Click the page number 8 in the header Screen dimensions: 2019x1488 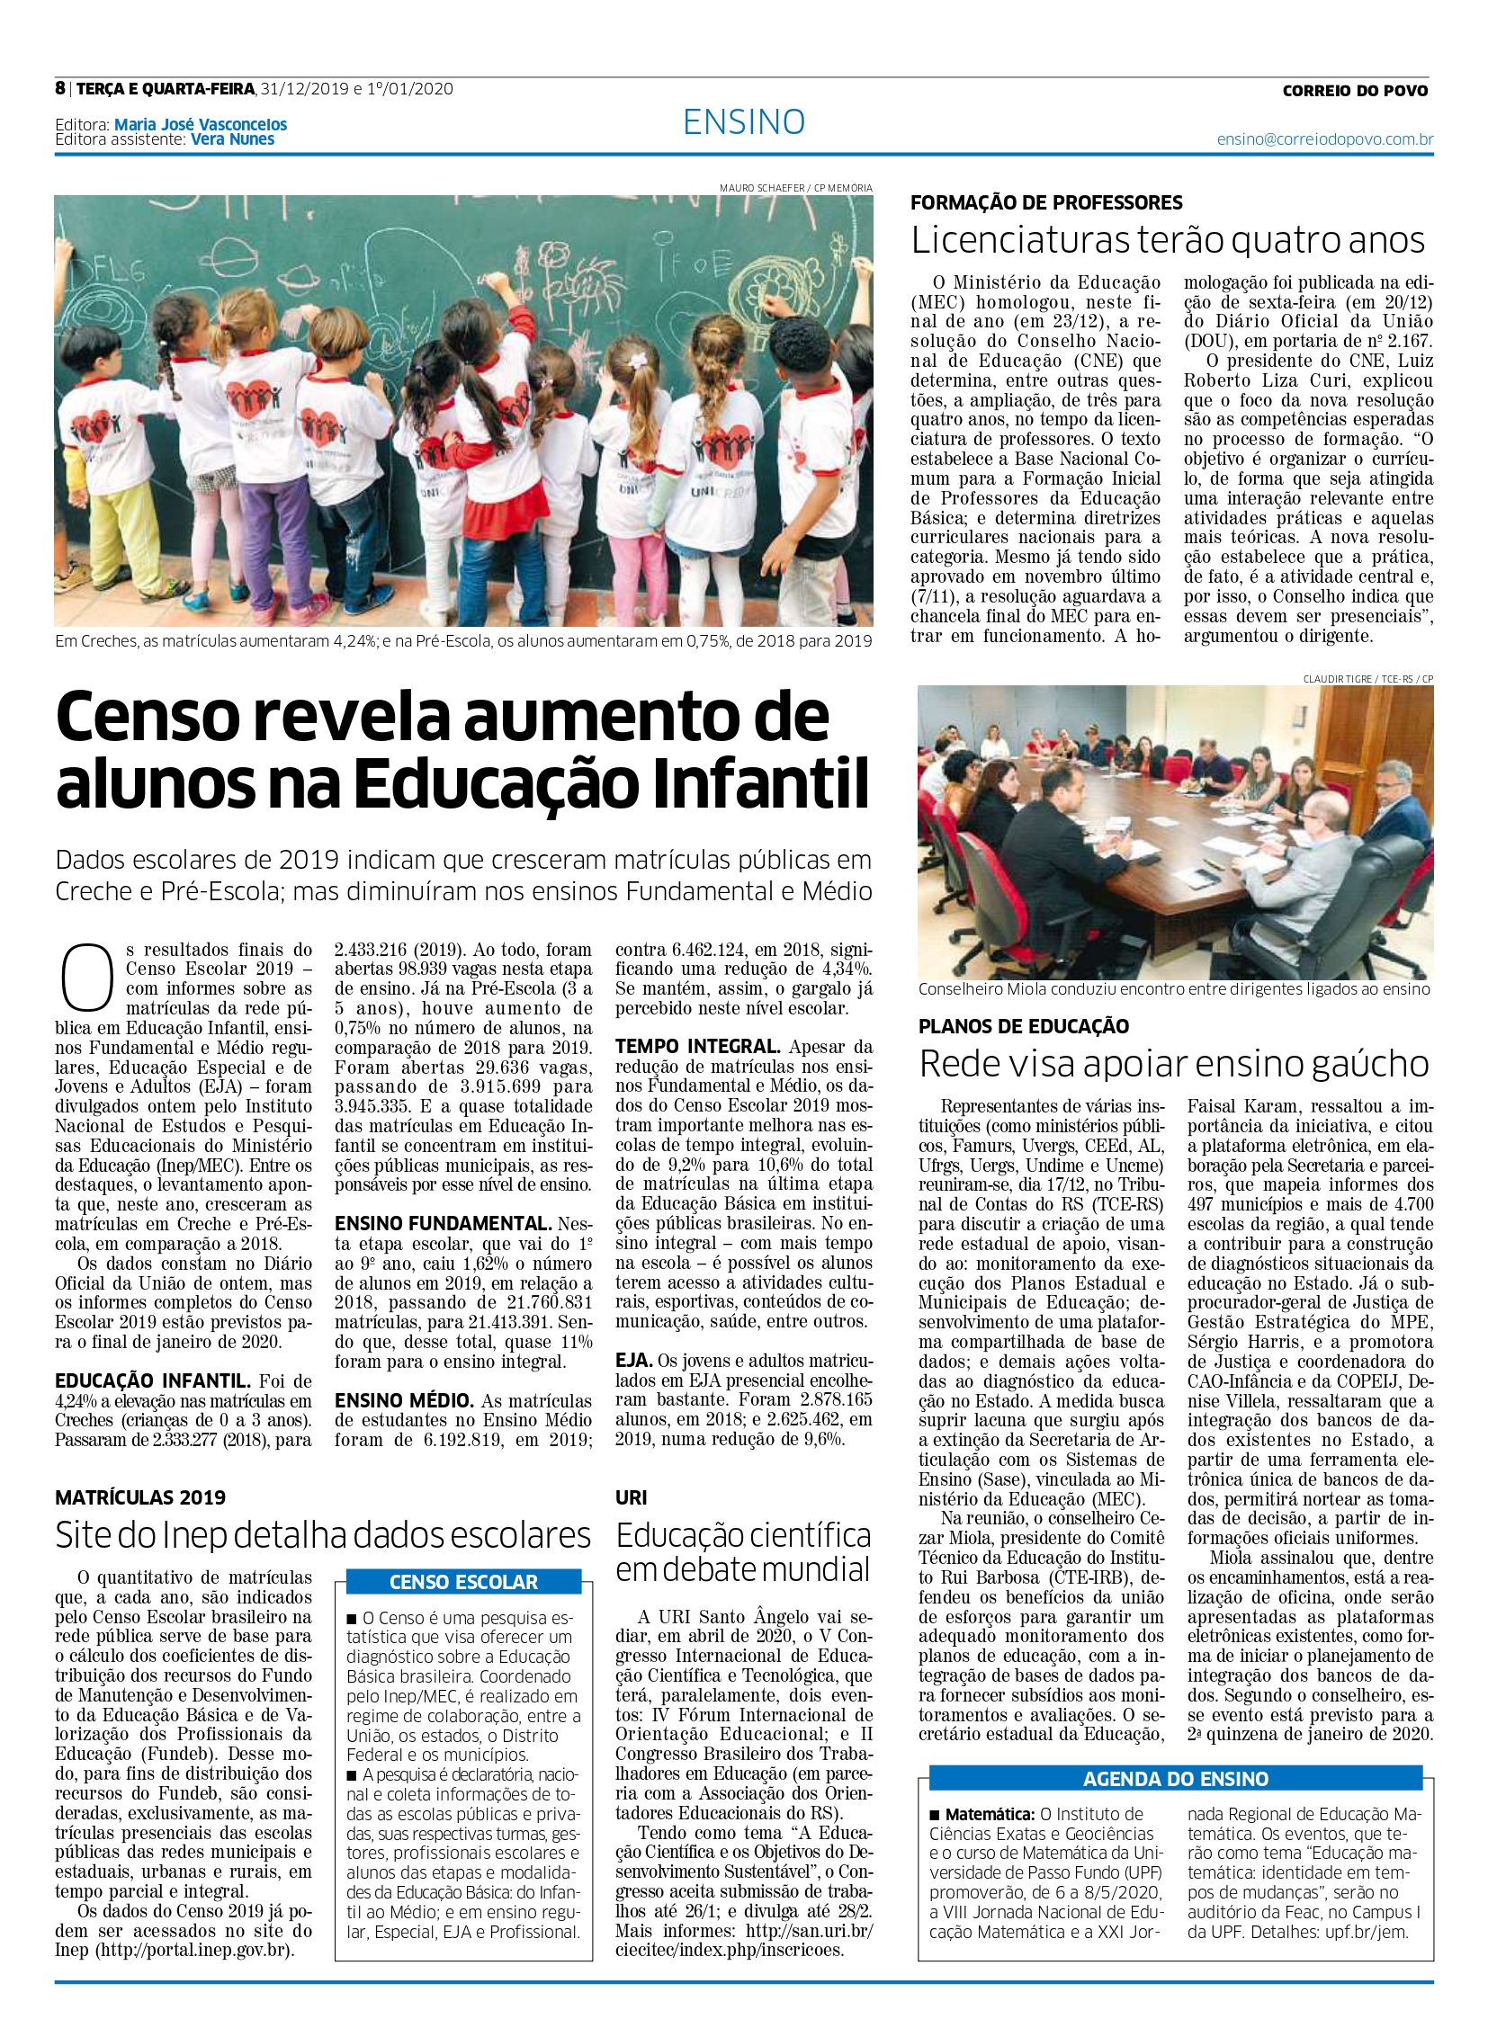(x=60, y=88)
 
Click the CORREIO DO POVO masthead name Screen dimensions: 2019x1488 (x=1355, y=90)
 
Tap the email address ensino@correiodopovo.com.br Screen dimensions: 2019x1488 (x=1324, y=139)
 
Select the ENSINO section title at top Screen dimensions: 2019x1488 (x=743, y=121)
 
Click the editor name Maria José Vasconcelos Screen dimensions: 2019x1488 (x=200, y=125)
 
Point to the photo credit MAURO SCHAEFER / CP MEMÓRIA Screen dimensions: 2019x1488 (x=795, y=188)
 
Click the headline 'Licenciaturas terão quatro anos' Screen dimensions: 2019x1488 (x=1168, y=240)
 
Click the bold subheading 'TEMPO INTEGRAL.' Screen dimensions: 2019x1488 (x=698, y=1048)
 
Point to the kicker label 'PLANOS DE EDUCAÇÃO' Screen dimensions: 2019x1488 (x=1023, y=1026)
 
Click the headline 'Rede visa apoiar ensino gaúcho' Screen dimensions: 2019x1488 (x=1174, y=1065)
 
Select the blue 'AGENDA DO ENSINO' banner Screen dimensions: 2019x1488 (x=1175, y=1779)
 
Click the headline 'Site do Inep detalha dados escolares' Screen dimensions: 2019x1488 (x=322, y=1534)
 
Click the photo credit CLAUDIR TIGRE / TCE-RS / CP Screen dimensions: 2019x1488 (x=1367, y=678)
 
